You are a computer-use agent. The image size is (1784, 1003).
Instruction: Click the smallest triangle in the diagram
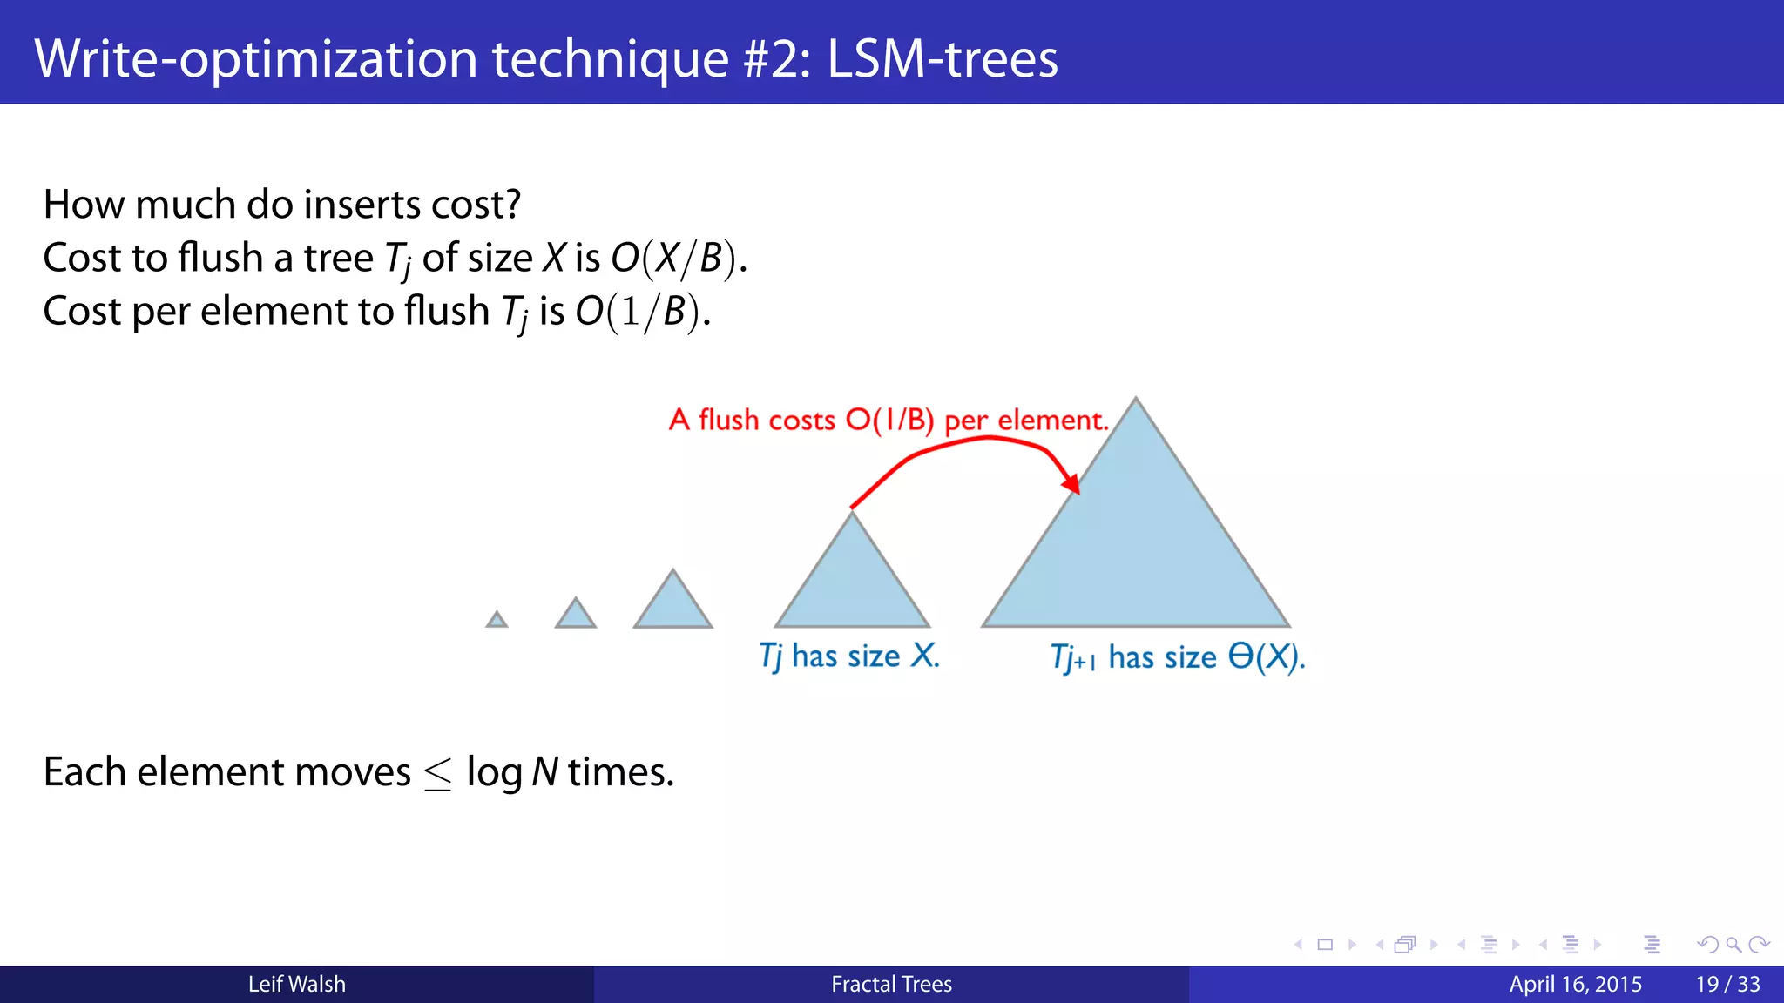coord(497,621)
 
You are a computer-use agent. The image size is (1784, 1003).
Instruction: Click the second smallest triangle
coord(576,616)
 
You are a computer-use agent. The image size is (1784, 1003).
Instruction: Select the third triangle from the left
coord(672,605)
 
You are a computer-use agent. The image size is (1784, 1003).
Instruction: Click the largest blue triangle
coord(1136,549)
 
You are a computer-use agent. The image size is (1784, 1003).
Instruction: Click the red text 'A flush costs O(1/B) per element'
coord(889,421)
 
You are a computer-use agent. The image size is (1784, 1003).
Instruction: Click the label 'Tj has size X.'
coord(849,656)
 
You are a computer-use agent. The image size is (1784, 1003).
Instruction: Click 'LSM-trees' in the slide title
coord(943,59)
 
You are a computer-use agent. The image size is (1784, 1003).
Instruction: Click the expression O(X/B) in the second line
coord(678,259)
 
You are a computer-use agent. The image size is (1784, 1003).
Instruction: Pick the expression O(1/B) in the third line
coord(642,312)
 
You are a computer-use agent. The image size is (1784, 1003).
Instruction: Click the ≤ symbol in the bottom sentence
coord(437,774)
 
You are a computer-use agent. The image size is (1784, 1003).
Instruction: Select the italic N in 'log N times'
coord(544,772)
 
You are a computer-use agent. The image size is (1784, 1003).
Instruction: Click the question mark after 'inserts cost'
coord(512,205)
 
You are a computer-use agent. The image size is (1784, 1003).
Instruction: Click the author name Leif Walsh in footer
coord(297,985)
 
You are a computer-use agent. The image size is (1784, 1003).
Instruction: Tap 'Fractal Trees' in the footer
coord(891,985)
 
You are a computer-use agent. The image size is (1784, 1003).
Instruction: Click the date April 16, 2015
coord(1575,985)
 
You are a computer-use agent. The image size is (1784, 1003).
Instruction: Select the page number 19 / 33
coord(1727,985)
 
